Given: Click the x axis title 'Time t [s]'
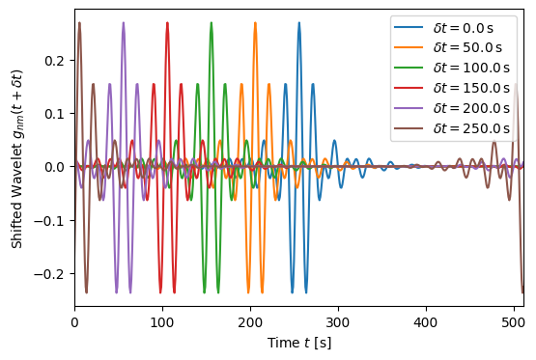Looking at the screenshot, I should tap(299, 343).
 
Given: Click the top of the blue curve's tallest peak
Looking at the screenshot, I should tap(299, 23).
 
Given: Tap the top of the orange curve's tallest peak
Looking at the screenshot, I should tap(255, 23).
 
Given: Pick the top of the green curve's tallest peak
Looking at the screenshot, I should tap(212, 23).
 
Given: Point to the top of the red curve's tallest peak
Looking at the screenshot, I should tap(167, 23).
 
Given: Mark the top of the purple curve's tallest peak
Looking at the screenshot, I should tap(124, 23).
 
